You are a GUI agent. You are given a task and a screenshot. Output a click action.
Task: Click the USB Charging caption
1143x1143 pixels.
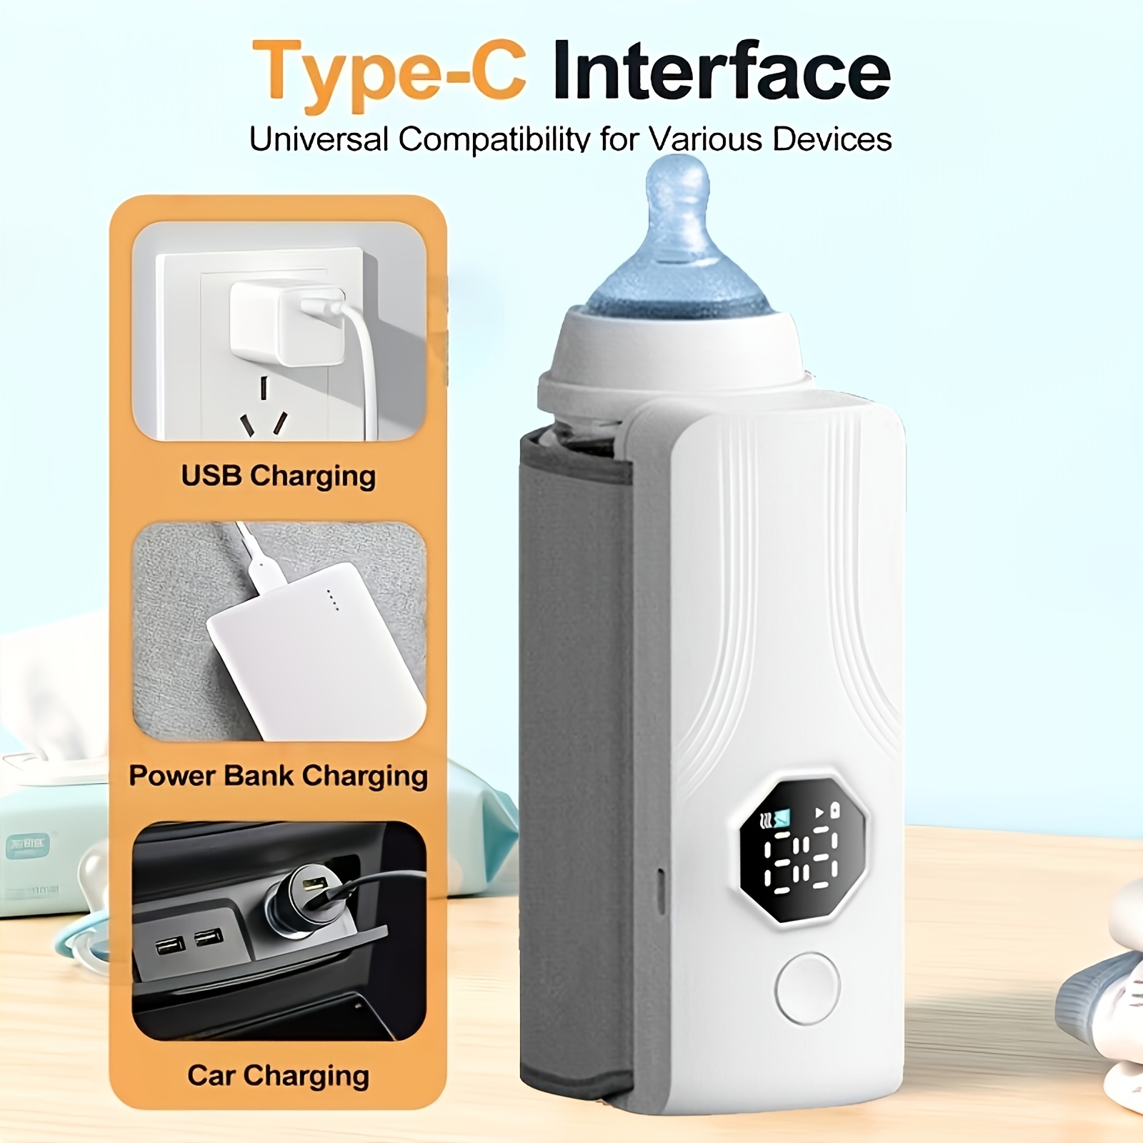pos(278,476)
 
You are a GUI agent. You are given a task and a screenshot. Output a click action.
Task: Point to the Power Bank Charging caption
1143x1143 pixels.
pos(278,777)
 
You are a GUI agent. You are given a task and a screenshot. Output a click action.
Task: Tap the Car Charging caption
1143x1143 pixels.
pos(278,1075)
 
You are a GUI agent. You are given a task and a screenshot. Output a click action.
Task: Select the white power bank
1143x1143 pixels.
pos(314,647)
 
